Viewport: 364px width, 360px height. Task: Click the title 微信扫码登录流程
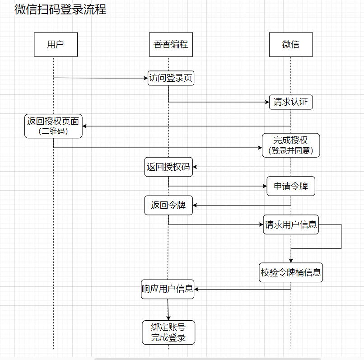point(61,9)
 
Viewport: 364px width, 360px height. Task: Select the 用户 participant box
point(56,44)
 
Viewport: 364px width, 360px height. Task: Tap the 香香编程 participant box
point(171,44)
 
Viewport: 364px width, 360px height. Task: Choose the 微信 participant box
point(291,44)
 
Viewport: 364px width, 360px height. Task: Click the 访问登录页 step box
point(171,78)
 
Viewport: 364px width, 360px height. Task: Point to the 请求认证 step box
point(291,102)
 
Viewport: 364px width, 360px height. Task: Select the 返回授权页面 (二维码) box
point(53,126)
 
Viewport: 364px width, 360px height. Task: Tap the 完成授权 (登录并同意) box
point(291,145)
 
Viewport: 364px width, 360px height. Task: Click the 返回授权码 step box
point(168,167)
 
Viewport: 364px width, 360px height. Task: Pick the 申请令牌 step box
point(291,186)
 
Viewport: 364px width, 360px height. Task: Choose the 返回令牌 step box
point(168,205)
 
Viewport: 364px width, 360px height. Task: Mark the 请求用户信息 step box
point(291,224)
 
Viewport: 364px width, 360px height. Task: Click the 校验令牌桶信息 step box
point(291,272)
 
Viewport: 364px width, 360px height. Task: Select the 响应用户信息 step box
point(168,289)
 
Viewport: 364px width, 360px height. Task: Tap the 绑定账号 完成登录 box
point(168,332)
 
